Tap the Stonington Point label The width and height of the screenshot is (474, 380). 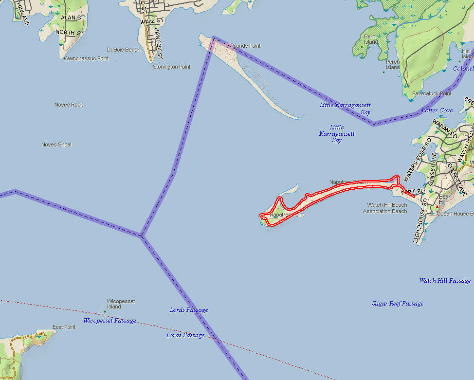172,67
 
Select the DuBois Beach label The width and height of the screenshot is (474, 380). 124,50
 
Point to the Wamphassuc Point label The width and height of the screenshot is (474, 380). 86,58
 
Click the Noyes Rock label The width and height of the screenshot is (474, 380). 69,105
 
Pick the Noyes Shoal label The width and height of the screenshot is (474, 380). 56,145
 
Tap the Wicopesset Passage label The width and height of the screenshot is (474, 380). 109,321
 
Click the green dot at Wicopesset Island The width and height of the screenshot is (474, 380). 105,311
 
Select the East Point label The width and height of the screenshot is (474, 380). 64,327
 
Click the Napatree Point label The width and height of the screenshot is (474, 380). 287,215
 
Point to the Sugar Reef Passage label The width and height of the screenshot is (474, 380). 397,304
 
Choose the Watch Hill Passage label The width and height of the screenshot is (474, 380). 445,281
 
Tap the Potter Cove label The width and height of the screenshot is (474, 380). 437,110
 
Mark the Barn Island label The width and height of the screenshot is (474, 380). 371,39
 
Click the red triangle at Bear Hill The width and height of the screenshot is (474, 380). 437,207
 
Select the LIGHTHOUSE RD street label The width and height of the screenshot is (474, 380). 420,221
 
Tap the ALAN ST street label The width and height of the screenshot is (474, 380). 73,18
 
